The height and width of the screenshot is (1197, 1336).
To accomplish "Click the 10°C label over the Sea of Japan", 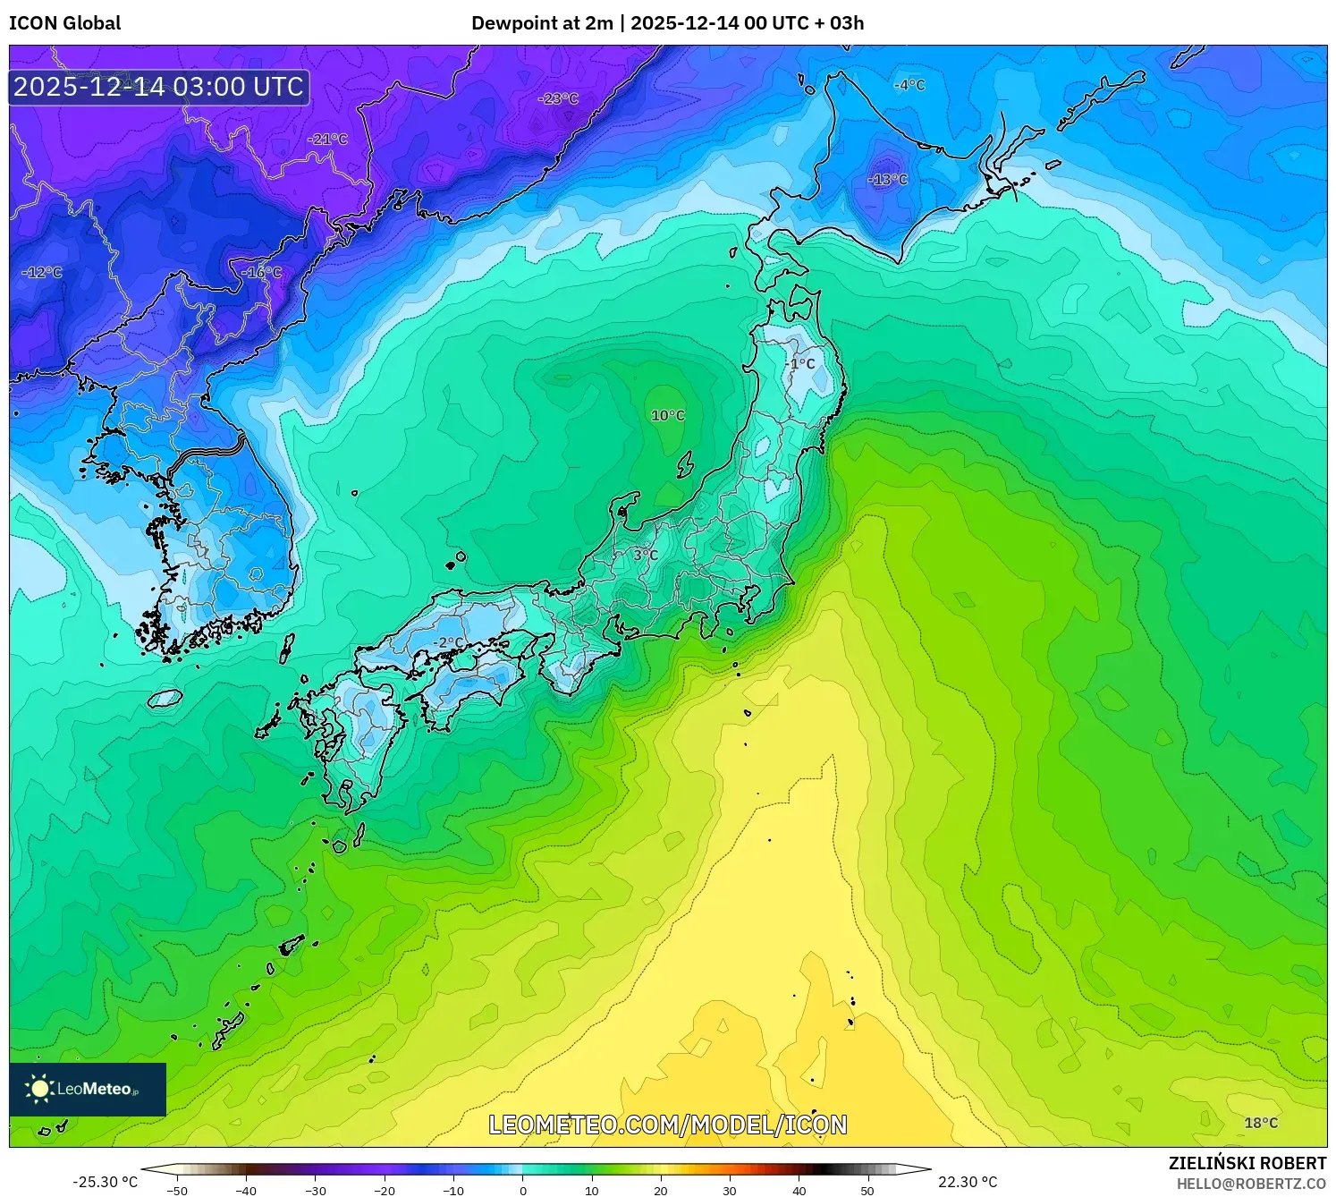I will click(x=668, y=416).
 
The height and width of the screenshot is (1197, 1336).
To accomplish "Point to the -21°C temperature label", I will click(x=327, y=140).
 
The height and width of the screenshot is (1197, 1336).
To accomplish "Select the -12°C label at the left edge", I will click(x=42, y=272).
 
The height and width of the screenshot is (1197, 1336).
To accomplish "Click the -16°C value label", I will click(x=261, y=272).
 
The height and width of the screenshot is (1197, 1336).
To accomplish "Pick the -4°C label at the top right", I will click(x=909, y=85).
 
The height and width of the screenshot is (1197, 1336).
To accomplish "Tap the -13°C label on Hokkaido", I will click(x=887, y=180).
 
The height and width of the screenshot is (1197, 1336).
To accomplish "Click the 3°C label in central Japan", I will click(x=646, y=556).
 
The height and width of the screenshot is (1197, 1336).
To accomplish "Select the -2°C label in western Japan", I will click(x=449, y=642).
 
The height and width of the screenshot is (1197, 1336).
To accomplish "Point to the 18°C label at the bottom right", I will click(x=1261, y=1123).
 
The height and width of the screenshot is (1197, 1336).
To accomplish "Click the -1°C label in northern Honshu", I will click(x=802, y=364).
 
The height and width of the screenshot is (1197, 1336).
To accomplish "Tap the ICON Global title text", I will click(x=64, y=23).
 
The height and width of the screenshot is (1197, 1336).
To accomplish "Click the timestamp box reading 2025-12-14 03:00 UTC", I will click(x=159, y=87).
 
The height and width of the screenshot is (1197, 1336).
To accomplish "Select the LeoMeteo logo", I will click(x=88, y=1089).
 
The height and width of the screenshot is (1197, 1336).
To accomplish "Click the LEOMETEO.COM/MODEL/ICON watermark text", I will click(x=667, y=1125).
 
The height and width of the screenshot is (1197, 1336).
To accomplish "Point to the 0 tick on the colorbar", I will click(x=523, y=1190).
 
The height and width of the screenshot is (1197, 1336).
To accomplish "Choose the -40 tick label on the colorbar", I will click(x=246, y=1190).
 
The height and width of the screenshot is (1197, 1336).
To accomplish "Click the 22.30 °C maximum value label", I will click(x=968, y=1182).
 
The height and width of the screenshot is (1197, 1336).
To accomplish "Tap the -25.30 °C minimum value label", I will click(x=105, y=1182).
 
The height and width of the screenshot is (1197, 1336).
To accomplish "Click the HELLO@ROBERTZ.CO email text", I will click(x=1251, y=1184).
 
